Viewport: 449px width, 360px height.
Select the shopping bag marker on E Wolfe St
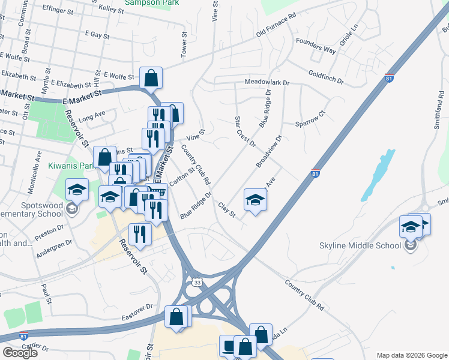pyautogui.click(x=151, y=79)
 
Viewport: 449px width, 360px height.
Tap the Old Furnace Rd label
pyautogui.click(x=276, y=25)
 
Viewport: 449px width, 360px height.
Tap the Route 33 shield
pyautogui.click(x=197, y=281)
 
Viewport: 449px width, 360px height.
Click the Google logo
pyautogui.click(x=20, y=353)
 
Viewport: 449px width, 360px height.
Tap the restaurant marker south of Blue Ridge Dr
pyautogui.click(x=139, y=234)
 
